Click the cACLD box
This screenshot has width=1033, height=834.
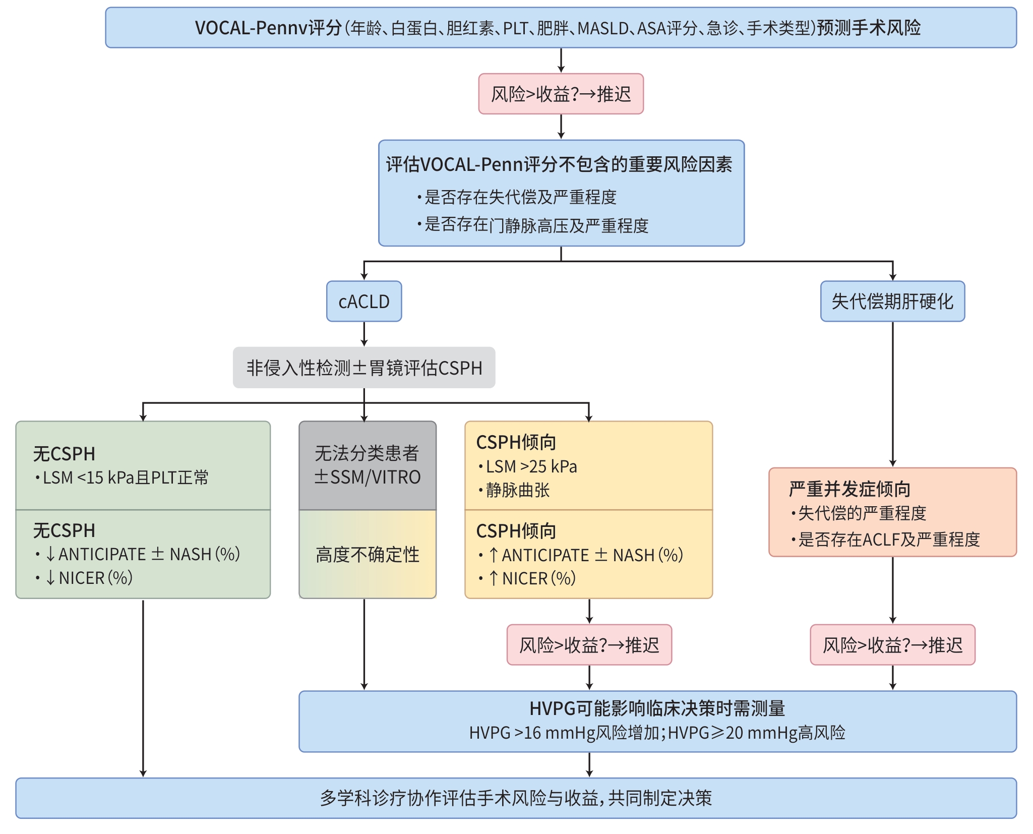point(364,302)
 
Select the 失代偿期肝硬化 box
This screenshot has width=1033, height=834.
point(892,302)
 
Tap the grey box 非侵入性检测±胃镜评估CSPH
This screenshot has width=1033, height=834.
point(364,368)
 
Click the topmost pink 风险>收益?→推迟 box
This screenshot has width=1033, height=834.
point(561,94)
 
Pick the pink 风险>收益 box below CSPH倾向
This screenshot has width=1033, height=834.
point(589,645)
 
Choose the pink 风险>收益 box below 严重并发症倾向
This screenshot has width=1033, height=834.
point(892,645)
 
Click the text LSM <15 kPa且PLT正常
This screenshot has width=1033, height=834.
point(125,478)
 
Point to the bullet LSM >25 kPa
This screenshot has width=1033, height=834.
point(531,466)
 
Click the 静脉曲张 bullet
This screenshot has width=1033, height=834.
point(517,490)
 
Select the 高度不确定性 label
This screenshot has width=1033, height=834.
point(368,555)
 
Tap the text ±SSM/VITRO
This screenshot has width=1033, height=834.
point(368,477)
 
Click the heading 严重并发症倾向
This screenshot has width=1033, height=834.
point(849,489)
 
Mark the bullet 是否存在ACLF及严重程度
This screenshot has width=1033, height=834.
point(888,540)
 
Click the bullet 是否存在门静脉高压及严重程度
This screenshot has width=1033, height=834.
point(536,225)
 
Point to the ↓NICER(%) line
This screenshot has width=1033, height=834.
point(89,578)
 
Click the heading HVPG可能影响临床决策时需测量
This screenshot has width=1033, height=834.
point(657,708)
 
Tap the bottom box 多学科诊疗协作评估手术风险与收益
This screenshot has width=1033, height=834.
point(516,798)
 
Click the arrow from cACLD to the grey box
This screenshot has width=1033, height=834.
point(364,334)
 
